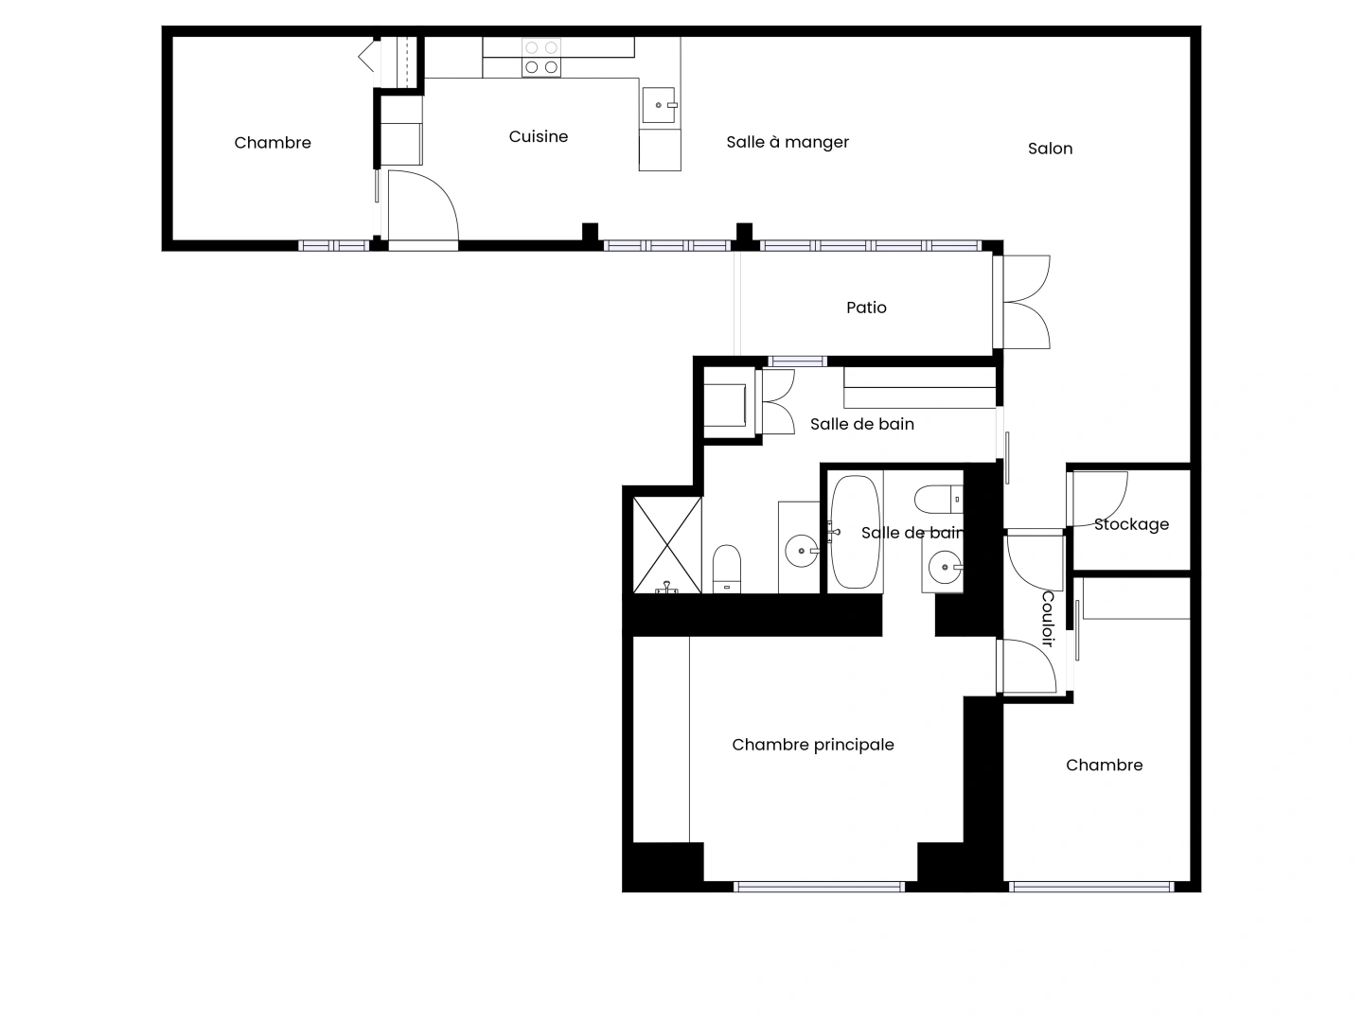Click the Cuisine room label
pos(538,136)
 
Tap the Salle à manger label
pos(788,142)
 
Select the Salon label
pos(1050,149)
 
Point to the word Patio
pos(866,308)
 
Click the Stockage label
pos(1131,524)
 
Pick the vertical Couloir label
pos(1048,619)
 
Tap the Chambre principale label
pos(813,745)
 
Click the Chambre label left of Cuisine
pos(273,143)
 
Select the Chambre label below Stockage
pos(1104,766)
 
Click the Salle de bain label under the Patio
pos(862,424)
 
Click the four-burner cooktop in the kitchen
pos(540,57)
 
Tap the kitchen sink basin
pos(658,105)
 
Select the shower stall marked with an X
pos(667,545)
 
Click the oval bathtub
pos(855,532)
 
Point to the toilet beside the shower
pos(727,569)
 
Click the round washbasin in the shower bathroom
pos(802,551)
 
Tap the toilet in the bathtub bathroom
pos(938,499)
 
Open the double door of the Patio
pos(1025,302)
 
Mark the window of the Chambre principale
pos(819,887)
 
